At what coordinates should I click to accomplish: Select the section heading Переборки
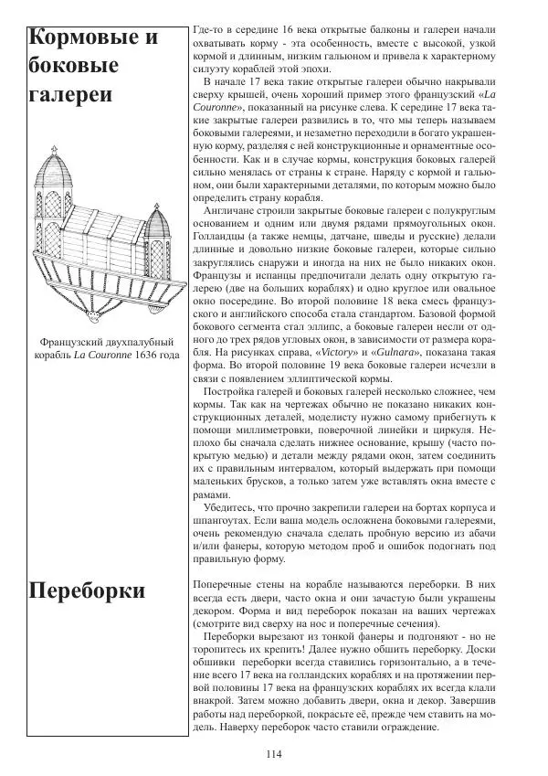pos(87,590)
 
